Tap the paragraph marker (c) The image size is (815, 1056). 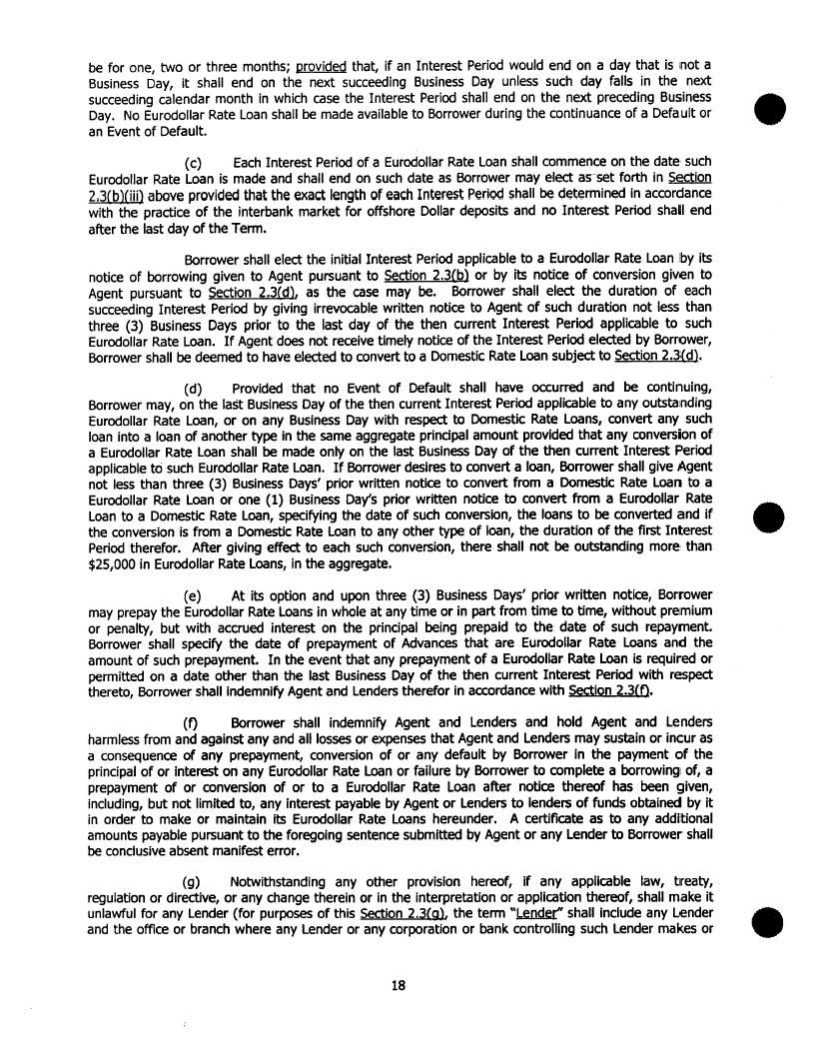(x=196, y=162)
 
